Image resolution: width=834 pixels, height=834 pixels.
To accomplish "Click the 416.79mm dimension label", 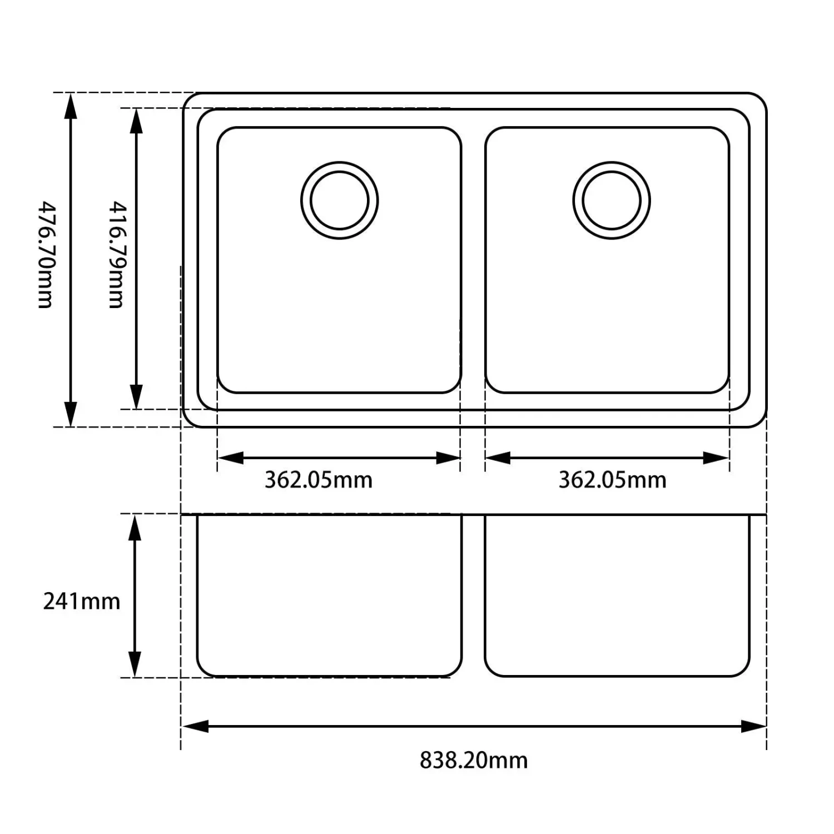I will click(117, 255).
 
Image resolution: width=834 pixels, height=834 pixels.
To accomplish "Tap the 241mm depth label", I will click(81, 601).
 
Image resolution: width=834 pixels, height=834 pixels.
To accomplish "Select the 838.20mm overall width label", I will click(473, 759).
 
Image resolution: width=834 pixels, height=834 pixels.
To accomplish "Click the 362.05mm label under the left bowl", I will click(318, 479).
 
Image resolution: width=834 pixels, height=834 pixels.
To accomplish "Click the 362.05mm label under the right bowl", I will click(612, 479).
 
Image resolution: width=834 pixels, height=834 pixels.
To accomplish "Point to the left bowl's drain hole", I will click(339, 200).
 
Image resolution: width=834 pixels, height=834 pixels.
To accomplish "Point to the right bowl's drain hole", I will click(611, 200).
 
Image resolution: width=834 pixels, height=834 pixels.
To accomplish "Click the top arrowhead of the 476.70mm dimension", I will click(71, 106).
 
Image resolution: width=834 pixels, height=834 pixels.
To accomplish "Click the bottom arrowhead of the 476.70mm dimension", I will click(71, 414).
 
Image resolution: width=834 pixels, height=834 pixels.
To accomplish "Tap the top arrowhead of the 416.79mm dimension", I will click(136, 121).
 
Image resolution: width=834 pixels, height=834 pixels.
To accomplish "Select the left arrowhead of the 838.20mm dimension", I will click(195, 726).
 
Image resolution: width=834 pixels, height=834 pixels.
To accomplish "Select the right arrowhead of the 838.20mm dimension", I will click(753, 726).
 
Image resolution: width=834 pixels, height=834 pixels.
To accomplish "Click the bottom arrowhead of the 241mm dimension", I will click(135, 664).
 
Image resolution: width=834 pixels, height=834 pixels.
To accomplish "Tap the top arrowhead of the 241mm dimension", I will click(135, 527).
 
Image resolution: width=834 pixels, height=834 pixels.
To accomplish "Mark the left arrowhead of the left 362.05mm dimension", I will click(230, 458).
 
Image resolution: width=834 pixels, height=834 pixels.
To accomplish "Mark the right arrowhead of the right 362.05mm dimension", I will click(716, 458).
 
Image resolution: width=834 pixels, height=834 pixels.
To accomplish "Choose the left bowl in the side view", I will click(329, 595).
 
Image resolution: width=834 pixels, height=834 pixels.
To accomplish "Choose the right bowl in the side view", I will click(617, 595).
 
